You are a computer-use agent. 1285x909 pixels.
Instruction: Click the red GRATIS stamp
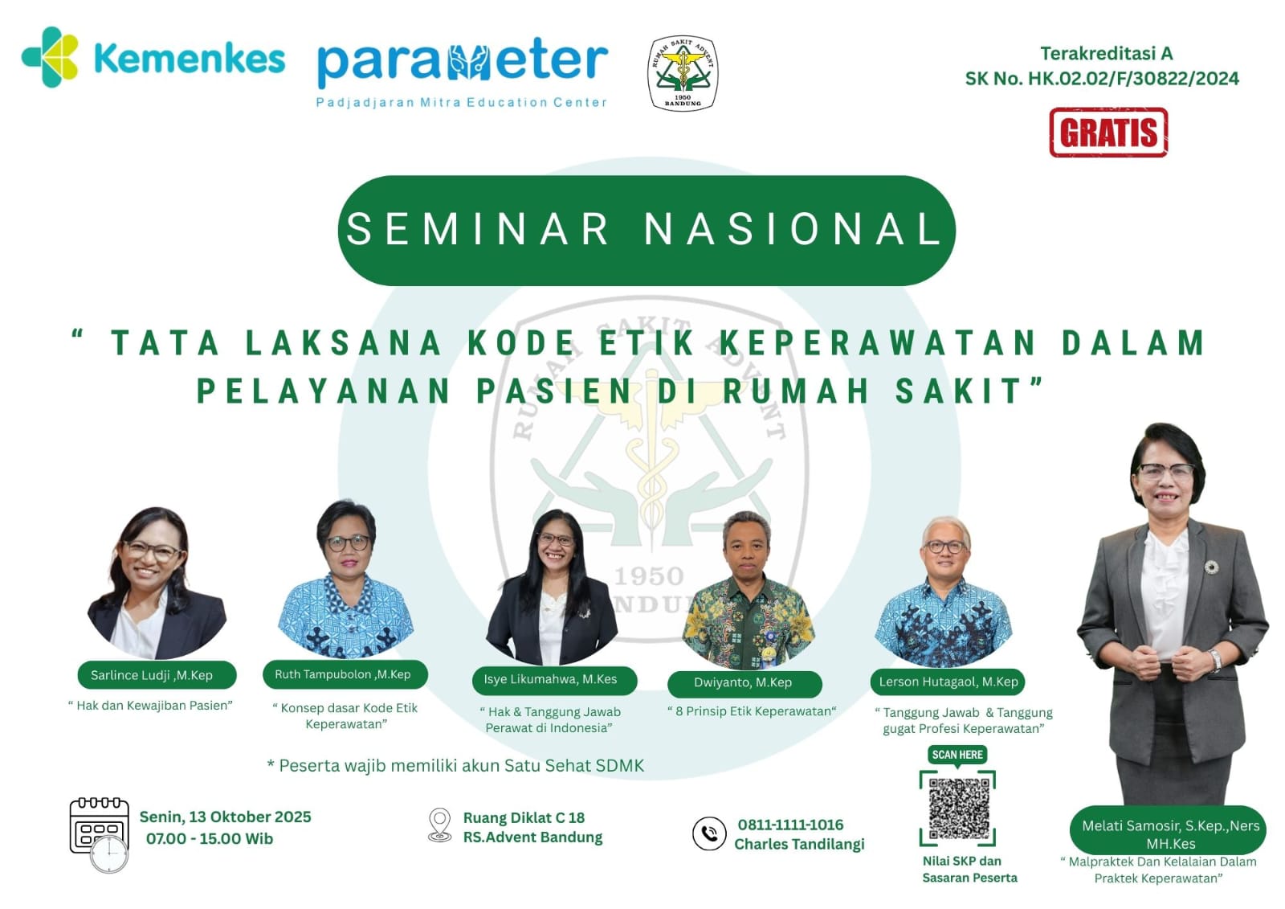[1108, 132]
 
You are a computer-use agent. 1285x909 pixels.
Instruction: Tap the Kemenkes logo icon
[50, 57]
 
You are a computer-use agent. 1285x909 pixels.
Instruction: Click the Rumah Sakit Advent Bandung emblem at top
[683, 73]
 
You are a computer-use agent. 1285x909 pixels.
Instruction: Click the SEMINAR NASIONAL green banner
[647, 231]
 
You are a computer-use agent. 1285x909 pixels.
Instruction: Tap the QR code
[958, 808]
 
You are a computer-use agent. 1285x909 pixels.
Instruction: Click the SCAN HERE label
[957, 755]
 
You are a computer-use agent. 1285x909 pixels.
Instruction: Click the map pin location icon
[440, 825]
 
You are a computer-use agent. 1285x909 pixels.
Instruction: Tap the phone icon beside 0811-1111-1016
[709, 833]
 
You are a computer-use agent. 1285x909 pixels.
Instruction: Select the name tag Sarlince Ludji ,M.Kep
[157, 674]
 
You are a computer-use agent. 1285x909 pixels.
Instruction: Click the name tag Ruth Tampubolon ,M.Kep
[345, 674]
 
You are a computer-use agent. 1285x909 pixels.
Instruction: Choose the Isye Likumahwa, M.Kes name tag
[554, 680]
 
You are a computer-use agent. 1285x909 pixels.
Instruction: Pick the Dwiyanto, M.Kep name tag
[744, 683]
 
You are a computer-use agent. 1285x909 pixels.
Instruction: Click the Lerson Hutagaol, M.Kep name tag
[947, 682]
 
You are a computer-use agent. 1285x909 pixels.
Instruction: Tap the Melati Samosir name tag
[1168, 833]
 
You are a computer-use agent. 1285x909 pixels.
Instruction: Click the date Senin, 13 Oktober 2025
[226, 817]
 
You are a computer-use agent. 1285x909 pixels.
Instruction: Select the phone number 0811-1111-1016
[790, 825]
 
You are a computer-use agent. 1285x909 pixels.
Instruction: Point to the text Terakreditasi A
[1107, 53]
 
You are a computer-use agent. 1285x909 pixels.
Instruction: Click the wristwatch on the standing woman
[1214, 660]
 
